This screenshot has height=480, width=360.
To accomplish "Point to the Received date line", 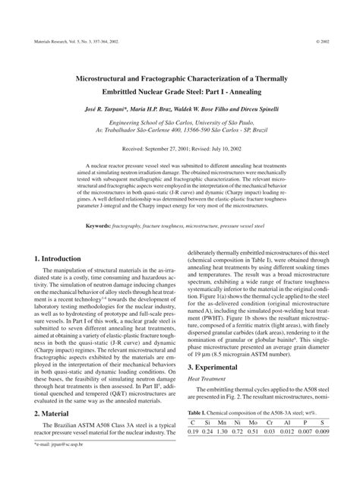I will pos(179,150).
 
